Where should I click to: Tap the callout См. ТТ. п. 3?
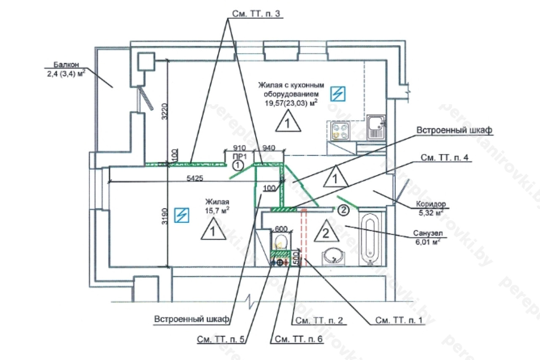tap(256, 14)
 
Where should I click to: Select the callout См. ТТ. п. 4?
tap(446, 157)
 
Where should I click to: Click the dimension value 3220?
tap(165, 111)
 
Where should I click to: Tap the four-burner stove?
tap(341, 130)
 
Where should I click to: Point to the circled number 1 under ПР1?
tap(238, 165)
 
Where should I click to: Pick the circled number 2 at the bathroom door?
tap(344, 208)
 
